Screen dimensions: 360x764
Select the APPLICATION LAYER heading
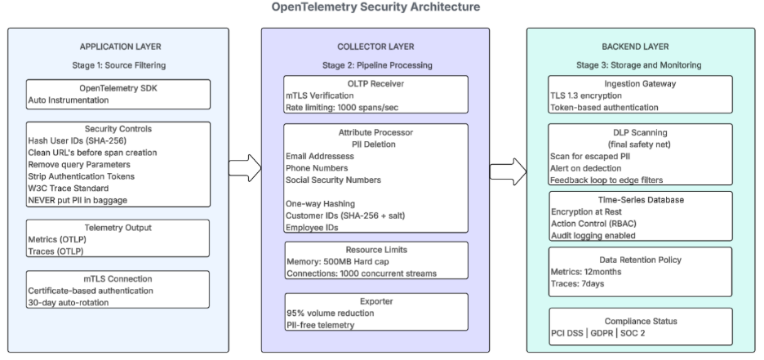(119, 47)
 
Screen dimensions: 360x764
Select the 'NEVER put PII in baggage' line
(71, 198)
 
